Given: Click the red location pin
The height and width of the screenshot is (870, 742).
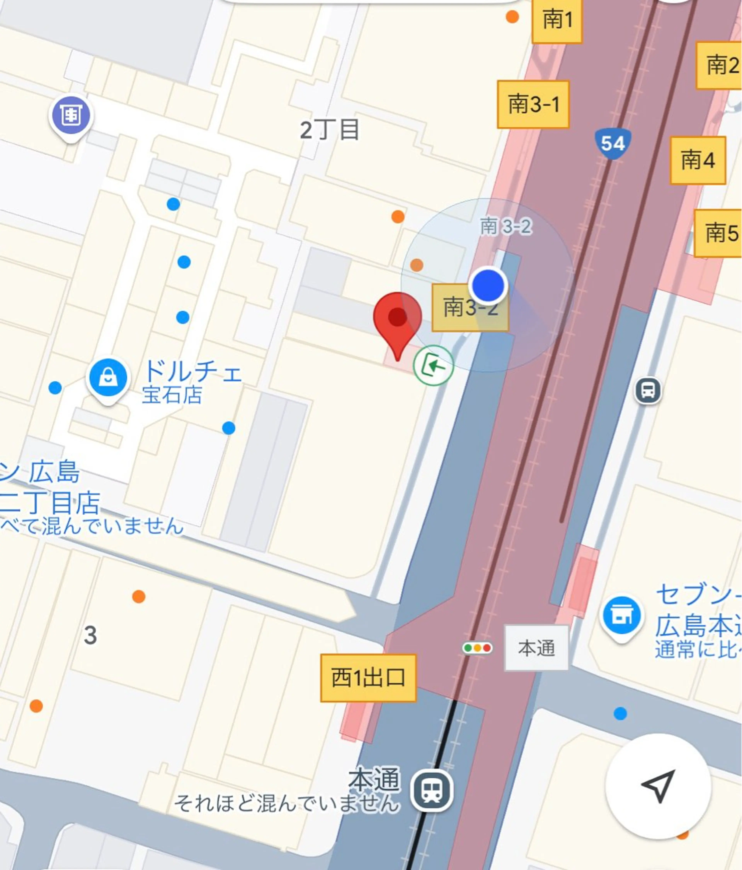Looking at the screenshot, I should [397, 319].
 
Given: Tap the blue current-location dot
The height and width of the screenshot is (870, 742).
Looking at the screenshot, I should [488, 285].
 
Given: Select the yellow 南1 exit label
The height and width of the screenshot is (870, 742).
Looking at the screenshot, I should [557, 20].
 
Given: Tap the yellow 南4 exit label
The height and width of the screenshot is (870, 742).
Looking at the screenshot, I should [698, 160].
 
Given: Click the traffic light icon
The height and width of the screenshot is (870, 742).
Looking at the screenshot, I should [477, 648].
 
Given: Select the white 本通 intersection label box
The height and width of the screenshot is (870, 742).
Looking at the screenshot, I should [536, 648].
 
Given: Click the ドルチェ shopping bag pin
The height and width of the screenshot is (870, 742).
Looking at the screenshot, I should [107, 378].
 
